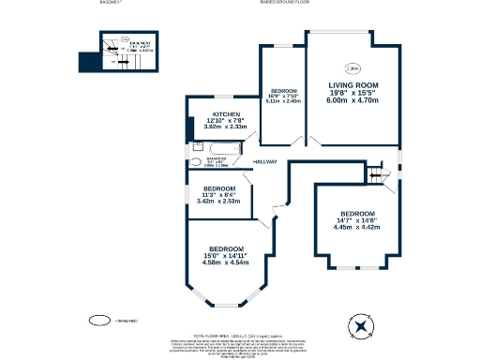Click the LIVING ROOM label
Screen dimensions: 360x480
[352, 86]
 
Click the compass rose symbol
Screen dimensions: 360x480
[361, 325]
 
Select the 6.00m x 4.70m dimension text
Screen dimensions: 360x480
[352, 101]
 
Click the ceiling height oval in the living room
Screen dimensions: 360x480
[352, 67]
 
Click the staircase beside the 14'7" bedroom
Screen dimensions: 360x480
[380, 174]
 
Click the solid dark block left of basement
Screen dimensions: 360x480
[86, 61]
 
